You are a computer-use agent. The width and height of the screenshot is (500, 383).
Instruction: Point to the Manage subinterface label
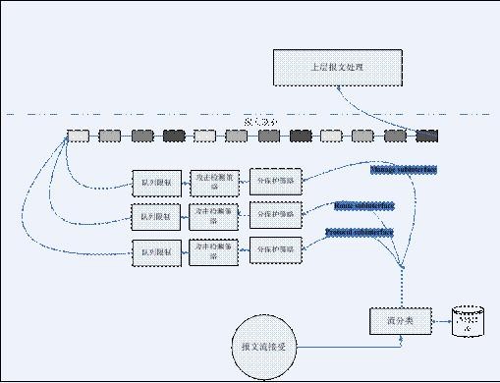coord(404,170)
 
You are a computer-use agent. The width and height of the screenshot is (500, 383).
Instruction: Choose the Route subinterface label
coord(364,206)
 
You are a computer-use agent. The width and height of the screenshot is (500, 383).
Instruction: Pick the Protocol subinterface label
coord(360,233)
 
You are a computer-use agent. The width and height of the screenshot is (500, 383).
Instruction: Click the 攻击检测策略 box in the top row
coord(215,181)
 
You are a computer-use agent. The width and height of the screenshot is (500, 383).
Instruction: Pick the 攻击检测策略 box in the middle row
coord(215,214)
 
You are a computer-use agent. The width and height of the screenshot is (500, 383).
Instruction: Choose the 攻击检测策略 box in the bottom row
coord(215,250)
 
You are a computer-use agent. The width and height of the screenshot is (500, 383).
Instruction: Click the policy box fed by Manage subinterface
coord(275,182)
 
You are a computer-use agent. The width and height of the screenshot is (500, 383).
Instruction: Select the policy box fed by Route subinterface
coord(275,214)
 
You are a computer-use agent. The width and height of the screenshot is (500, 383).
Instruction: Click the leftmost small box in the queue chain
coord(77,136)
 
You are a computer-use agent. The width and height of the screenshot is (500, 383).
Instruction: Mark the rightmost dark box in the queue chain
coord(426,136)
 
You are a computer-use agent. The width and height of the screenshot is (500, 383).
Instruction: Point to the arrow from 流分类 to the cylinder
coord(439,321)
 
